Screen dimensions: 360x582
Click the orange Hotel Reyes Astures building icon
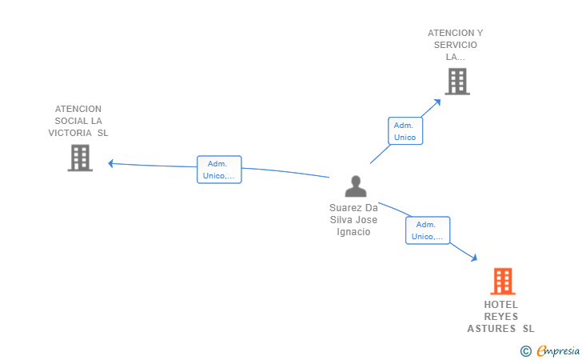pos(502,281)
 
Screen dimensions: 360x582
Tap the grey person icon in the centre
pos(355,186)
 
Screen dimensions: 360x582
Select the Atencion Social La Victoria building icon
pos(80,158)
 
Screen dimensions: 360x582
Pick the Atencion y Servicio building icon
pos(456,81)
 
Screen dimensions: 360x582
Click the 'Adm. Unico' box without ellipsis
pos(405,131)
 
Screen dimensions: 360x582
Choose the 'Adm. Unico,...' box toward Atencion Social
pos(219,170)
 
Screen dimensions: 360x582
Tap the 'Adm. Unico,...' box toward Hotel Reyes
pos(428,230)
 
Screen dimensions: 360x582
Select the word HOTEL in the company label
pos(501,304)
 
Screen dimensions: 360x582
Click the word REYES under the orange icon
pos(501,316)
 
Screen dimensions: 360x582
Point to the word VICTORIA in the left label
pos(70,133)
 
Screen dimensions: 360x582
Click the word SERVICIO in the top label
pos(456,45)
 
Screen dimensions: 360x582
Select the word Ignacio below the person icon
pos(354,232)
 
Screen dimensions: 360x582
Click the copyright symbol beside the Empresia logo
pos(525,350)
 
